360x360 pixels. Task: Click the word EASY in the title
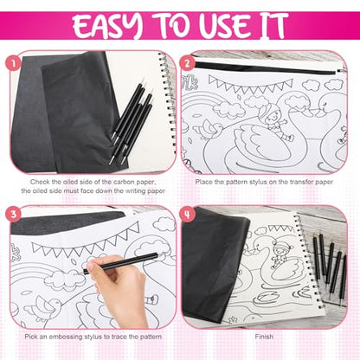coord(107,25)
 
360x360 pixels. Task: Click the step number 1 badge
coord(13,63)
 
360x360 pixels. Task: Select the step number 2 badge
coord(188,63)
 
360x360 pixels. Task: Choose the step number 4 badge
coord(188,215)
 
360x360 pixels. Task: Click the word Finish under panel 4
coord(264,337)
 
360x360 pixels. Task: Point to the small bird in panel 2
coord(211,129)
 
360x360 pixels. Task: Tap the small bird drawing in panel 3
coord(46,308)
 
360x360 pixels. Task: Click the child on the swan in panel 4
coord(279,254)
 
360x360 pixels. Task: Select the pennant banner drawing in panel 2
coord(250,84)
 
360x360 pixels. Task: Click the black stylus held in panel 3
coord(120,263)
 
